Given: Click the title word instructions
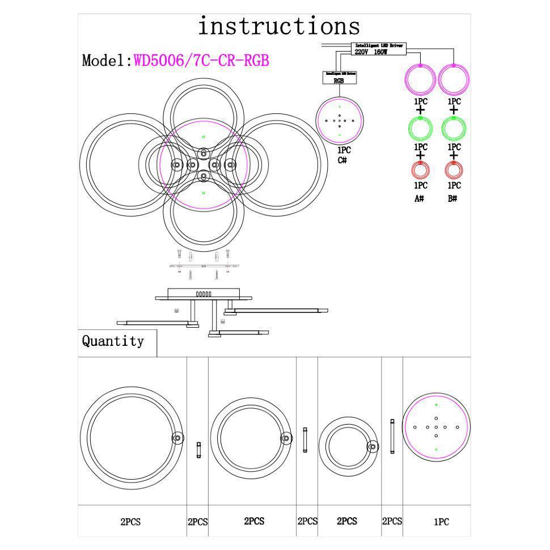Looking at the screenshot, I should pos(278,27).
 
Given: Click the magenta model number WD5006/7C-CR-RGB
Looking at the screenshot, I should pos(201,60).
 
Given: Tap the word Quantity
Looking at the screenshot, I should pos(113,341).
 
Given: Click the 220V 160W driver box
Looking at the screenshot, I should pos(379,49).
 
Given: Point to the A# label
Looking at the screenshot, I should pos(420,198).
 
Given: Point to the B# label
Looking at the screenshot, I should pos(452,198).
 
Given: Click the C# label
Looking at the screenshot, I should pos(342,160).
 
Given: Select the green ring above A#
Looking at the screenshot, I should pos(420,129).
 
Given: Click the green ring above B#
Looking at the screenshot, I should pos(454,129).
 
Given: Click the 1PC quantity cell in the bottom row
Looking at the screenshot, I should pos(441,522).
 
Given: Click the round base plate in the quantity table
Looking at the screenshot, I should pos(436,428).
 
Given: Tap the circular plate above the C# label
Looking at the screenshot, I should pos(339,121).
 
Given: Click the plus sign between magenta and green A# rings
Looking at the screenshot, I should pos(420,110).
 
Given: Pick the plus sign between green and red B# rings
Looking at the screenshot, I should pos(453,155).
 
